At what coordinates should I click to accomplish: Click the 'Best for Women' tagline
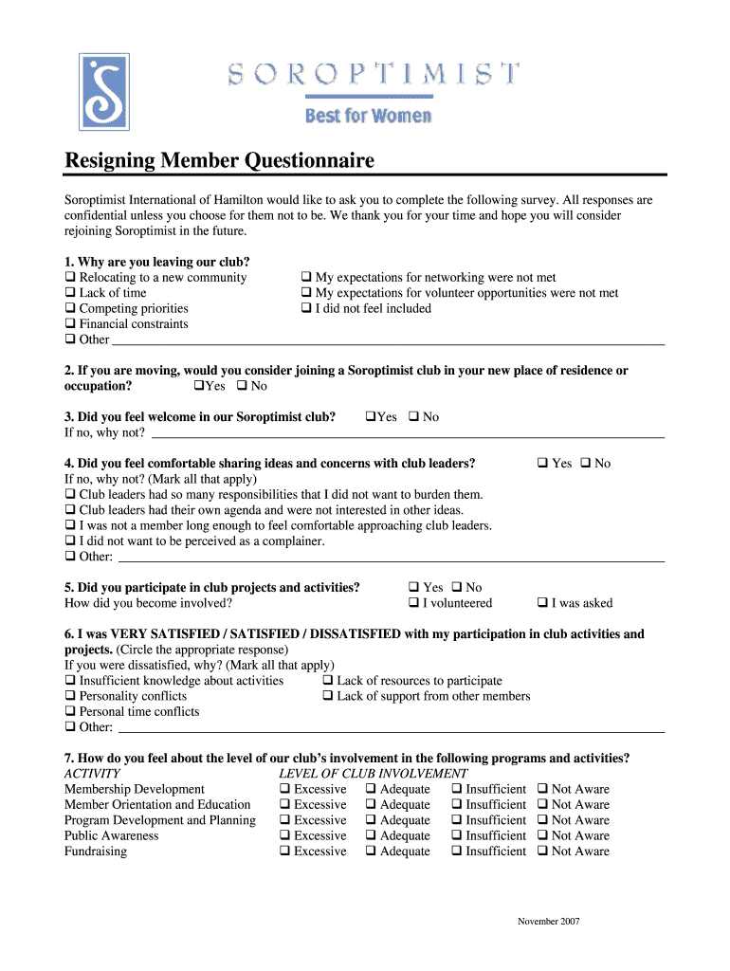(x=368, y=117)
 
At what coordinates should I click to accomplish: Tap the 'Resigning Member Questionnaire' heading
(x=219, y=161)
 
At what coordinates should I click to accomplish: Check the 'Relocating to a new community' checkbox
(x=70, y=278)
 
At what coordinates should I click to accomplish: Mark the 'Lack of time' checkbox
(x=70, y=293)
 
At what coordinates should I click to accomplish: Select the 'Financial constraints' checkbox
(x=70, y=324)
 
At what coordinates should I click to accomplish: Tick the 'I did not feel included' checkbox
(x=306, y=308)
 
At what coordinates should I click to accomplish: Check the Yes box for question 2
(x=198, y=386)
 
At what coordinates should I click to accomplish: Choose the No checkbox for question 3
(x=413, y=417)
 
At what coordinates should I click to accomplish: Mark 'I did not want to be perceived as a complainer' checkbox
(x=70, y=541)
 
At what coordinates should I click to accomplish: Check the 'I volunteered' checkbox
(x=413, y=603)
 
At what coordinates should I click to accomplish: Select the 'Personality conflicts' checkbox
(x=70, y=696)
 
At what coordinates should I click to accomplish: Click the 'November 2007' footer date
(x=548, y=922)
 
